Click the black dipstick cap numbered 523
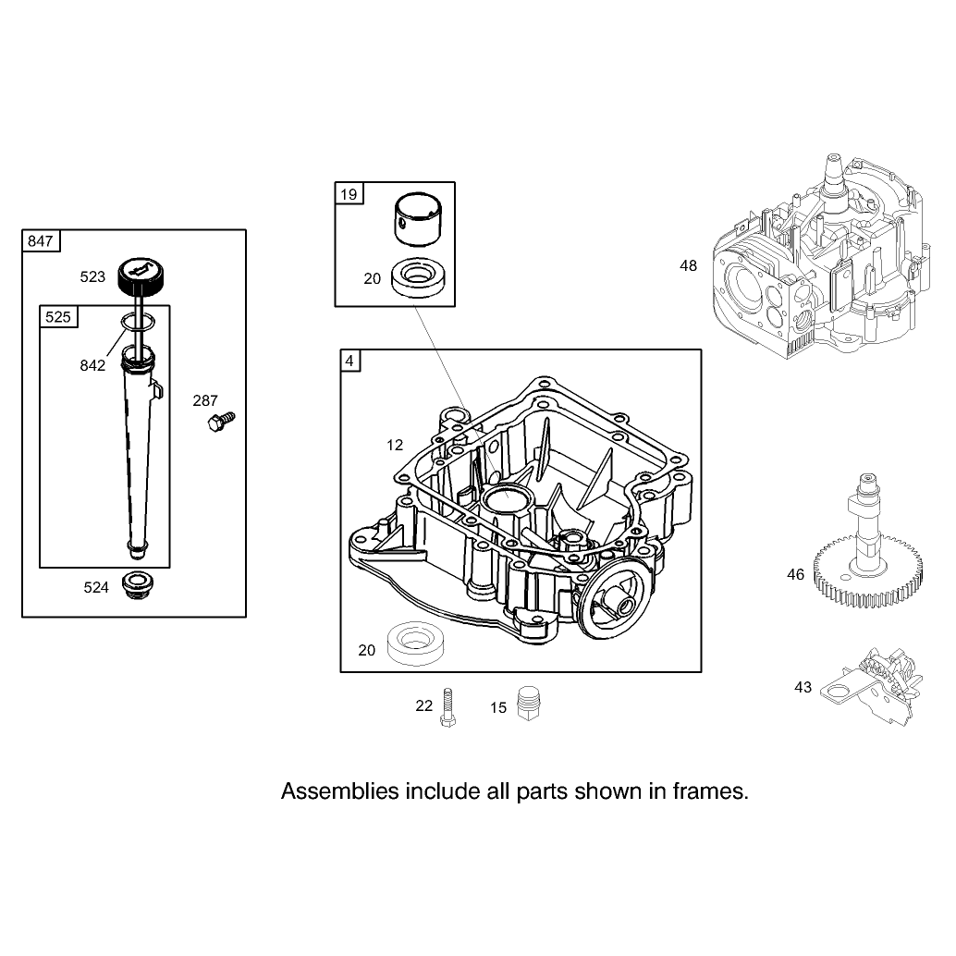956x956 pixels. coord(141,276)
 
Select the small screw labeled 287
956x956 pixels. coord(221,422)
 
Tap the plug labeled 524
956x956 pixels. coord(137,584)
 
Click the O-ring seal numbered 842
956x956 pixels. coord(137,322)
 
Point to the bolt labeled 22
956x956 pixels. coord(447,707)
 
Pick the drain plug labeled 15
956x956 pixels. coord(529,703)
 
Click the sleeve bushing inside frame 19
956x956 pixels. coord(418,220)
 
